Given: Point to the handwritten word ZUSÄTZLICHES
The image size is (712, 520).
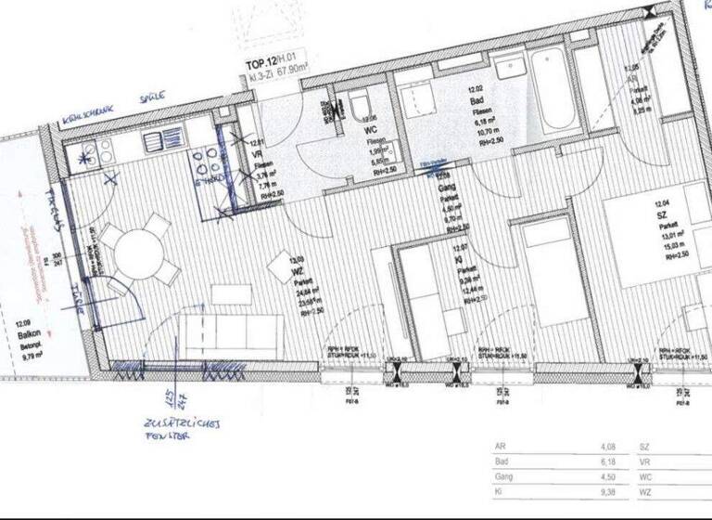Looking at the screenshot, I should (181, 422).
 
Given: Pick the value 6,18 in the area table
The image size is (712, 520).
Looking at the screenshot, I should (609, 462).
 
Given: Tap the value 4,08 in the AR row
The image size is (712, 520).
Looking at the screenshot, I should (609, 448).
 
